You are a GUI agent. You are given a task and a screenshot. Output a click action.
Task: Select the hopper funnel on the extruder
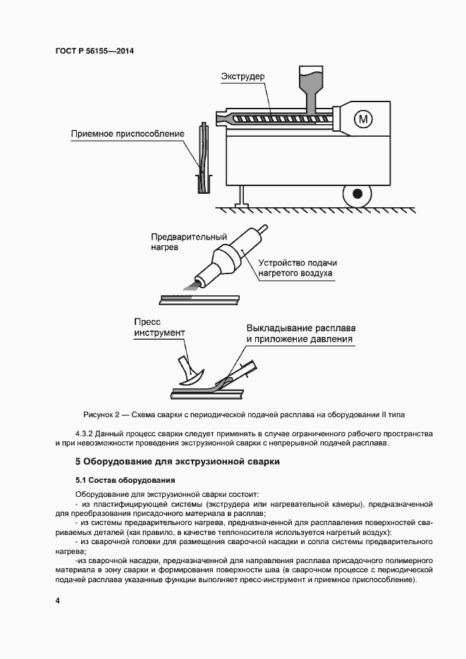point(309,81)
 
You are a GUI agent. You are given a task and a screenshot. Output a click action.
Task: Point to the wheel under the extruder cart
point(357,192)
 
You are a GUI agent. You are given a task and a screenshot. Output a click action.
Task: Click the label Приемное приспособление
point(128,133)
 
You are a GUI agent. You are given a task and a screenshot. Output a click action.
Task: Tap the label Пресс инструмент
point(159,326)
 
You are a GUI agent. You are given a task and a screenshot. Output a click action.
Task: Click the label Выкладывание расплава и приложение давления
point(300,334)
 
